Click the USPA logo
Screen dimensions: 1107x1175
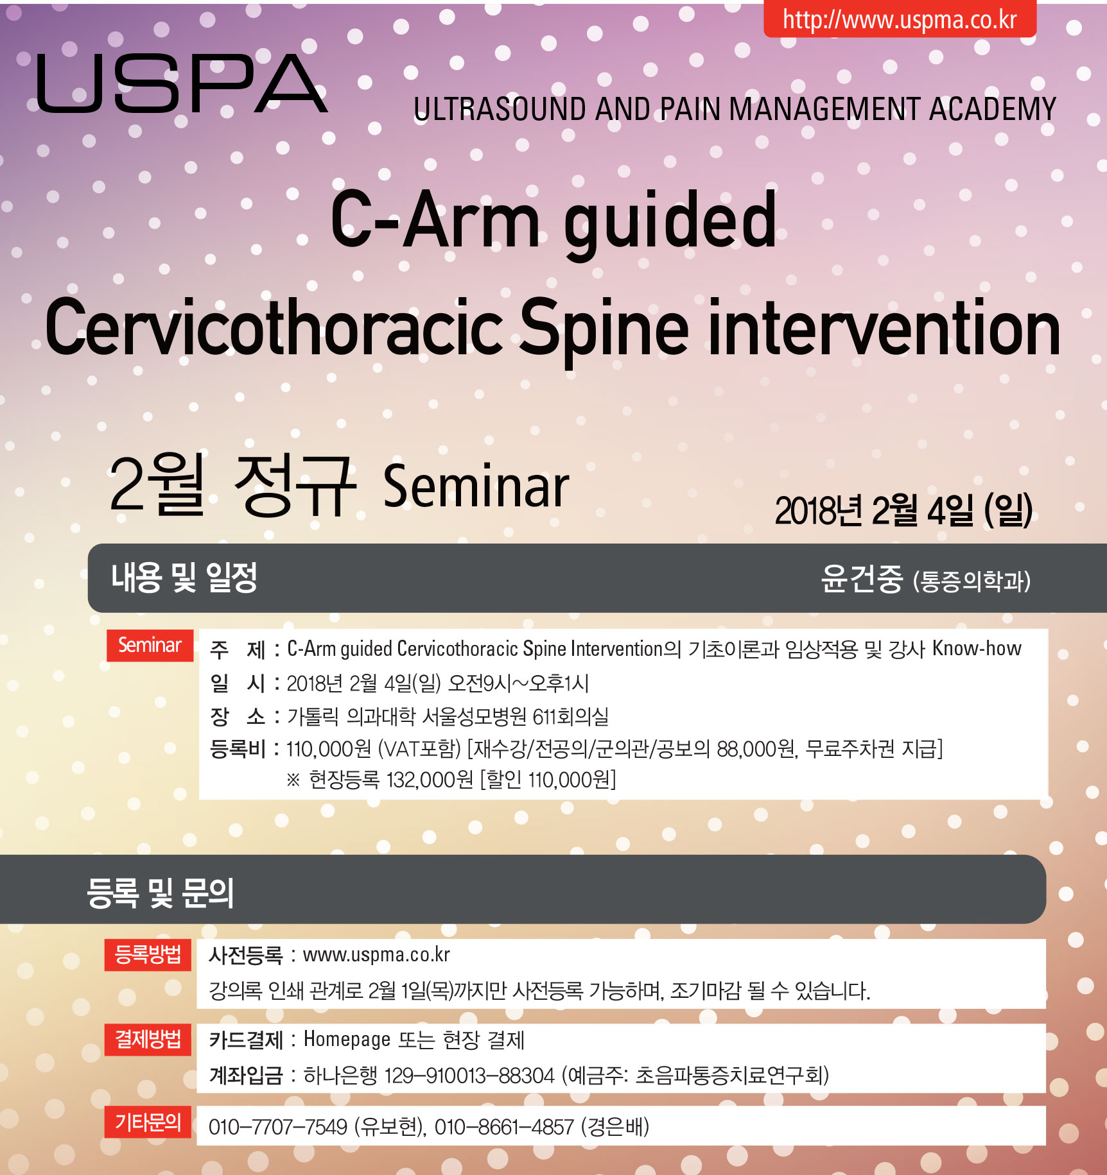click(182, 84)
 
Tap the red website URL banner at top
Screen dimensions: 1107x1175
click(900, 19)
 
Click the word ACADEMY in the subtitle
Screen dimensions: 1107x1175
click(993, 108)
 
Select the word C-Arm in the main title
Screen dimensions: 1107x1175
click(435, 220)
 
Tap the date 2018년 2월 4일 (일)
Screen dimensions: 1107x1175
click(903, 511)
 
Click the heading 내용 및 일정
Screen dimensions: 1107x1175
click(184, 578)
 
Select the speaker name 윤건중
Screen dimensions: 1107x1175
click(862, 578)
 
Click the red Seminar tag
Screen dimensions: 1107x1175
click(150, 645)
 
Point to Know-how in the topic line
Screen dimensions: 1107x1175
click(977, 648)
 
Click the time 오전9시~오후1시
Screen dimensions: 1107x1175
click(518, 683)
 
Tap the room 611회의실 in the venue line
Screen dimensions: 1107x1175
click(571, 716)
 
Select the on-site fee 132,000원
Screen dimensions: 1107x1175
click(430, 780)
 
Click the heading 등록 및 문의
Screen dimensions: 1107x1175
click(160, 893)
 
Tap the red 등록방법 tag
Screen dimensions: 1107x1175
click(148, 955)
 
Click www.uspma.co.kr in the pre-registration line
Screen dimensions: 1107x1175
click(376, 955)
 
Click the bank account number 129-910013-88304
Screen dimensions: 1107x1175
click(469, 1075)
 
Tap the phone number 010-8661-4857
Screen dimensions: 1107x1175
click(504, 1126)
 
